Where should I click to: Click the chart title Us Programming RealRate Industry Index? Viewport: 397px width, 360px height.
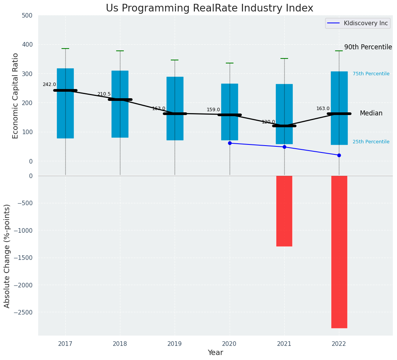pyautogui.click(x=209, y=8)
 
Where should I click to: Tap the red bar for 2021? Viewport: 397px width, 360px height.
pyautogui.click(x=284, y=211)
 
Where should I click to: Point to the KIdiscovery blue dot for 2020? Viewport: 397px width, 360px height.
pyautogui.click(x=230, y=143)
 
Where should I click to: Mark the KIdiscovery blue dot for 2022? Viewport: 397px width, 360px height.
pyautogui.click(x=339, y=155)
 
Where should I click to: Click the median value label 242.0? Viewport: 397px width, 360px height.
pyautogui.click(x=49, y=84)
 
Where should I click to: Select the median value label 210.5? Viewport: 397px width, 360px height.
pyautogui.click(x=104, y=94)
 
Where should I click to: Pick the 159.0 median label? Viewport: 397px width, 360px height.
pyautogui.click(x=213, y=110)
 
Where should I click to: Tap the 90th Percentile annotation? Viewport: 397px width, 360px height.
pyautogui.click(x=368, y=47)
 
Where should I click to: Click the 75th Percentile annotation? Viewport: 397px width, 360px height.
pyautogui.click(x=371, y=74)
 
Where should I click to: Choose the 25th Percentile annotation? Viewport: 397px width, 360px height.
pyautogui.click(x=371, y=142)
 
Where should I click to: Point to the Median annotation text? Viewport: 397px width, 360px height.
pyautogui.click(x=371, y=114)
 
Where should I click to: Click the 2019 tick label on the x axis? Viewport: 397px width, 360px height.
pyautogui.click(x=175, y=344)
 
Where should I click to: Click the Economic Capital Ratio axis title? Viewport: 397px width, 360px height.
pyautogui.click(x=16, y=96)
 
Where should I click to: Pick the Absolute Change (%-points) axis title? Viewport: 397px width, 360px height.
pyautogui.click(x=7, y=256)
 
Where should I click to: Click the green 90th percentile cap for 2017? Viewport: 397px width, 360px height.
pyautogui.click(x=65, y=49)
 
